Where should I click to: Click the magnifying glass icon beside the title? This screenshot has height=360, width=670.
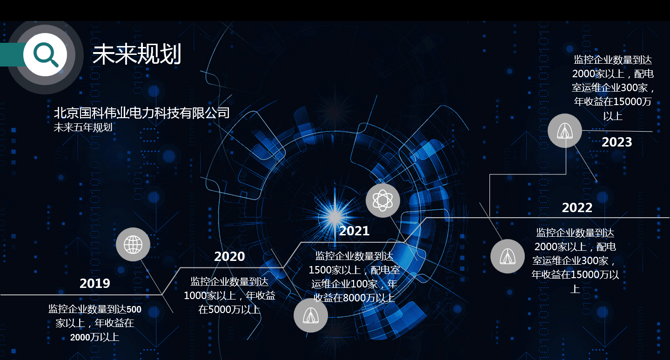point(45,54)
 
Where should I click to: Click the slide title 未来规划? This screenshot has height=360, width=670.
point(136,55)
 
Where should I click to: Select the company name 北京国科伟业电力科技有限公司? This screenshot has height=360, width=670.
point(142,113)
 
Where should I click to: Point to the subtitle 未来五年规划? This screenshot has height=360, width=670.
point(83,127)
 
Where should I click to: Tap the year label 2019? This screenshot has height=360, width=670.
point(95,283)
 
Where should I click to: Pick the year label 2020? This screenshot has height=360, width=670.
point(229,256)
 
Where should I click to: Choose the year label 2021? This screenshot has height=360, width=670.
point(354,231)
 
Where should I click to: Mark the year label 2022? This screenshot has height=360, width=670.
point(577,207)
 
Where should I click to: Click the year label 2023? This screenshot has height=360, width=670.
point(616,142)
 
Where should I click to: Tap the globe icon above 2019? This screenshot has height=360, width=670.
point(133,244)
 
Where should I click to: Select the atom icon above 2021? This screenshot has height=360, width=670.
point(382,200)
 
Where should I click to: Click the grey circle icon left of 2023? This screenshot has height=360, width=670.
point(564,131)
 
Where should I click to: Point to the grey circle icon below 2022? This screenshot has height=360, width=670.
point(508,256)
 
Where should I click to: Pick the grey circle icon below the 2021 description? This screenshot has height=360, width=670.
point(310,315)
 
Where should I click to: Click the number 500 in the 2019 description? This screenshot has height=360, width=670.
point(134,310)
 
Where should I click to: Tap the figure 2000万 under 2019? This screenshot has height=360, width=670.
point(84,337)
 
